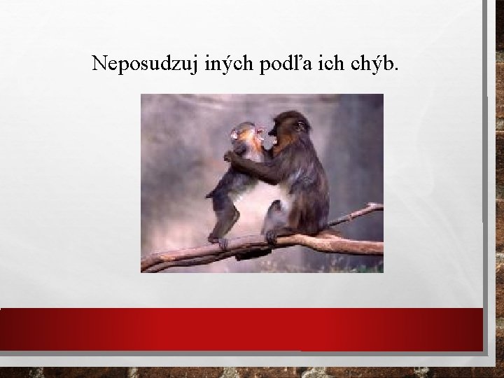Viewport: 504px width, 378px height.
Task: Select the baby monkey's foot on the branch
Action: [220, 242]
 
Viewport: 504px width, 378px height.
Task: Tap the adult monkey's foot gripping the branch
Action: [270, 237]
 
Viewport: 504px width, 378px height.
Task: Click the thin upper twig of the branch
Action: [360, 211]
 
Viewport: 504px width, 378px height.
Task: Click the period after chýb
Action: [399, 70]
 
